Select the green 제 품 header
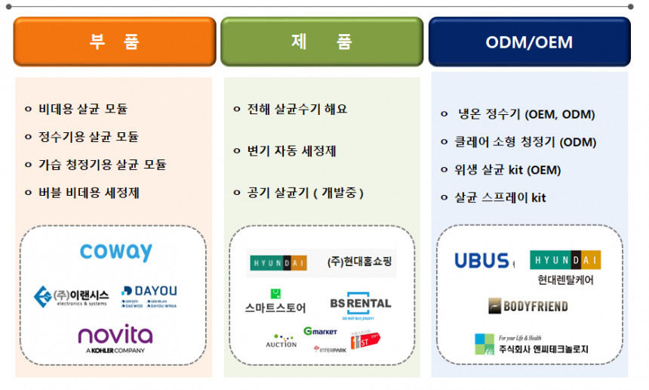tap(321, 42)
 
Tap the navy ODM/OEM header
tap(529, 42)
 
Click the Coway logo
tap(116, 252)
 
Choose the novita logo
tap(115, 336)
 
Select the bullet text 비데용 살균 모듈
tap(83, 109)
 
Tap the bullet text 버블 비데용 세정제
tap(89, 193)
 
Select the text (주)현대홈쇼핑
tap(361, 262)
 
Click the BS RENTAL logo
tap(361, 304)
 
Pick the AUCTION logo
tap(281, 341)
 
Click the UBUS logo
tap(482, 261)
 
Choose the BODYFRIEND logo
tap(528, 306)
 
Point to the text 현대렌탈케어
tap(566, 280)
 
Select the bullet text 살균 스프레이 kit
tap(500, 198)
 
